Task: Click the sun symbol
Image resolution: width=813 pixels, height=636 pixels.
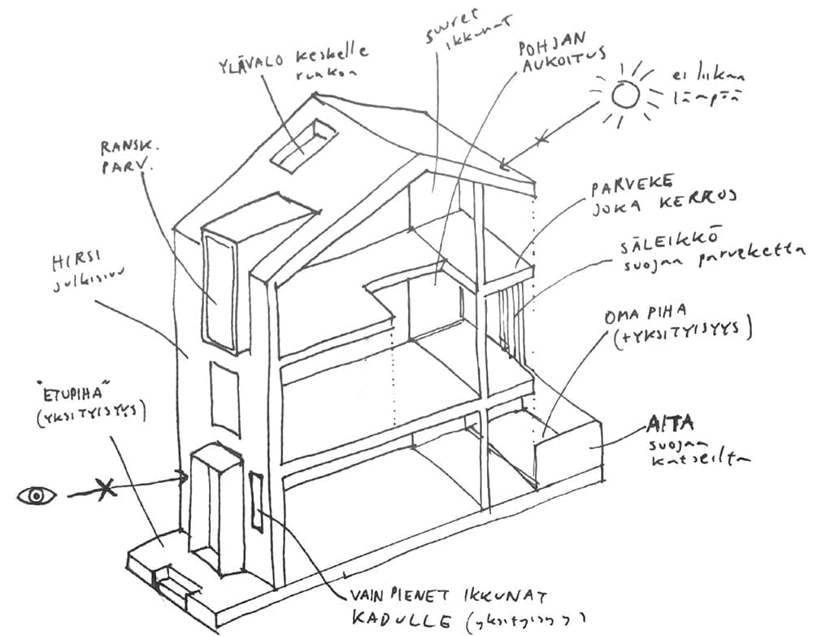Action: tap(625, 97)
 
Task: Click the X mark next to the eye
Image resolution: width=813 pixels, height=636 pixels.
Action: tap(103, 491)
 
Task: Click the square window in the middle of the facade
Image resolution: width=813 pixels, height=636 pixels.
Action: tap(223, 390)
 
